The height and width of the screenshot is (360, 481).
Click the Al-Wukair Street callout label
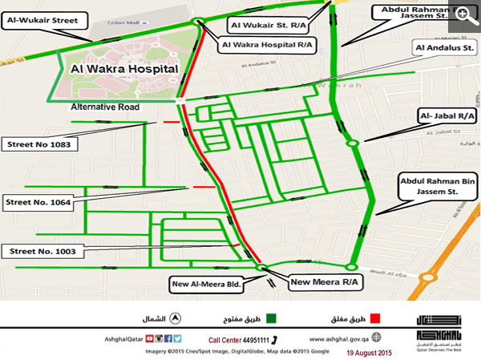42,16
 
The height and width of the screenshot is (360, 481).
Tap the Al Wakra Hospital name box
124,70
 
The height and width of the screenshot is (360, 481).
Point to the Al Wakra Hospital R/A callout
267,44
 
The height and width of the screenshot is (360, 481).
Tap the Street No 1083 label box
41,144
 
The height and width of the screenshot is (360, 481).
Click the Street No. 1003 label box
41,251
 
